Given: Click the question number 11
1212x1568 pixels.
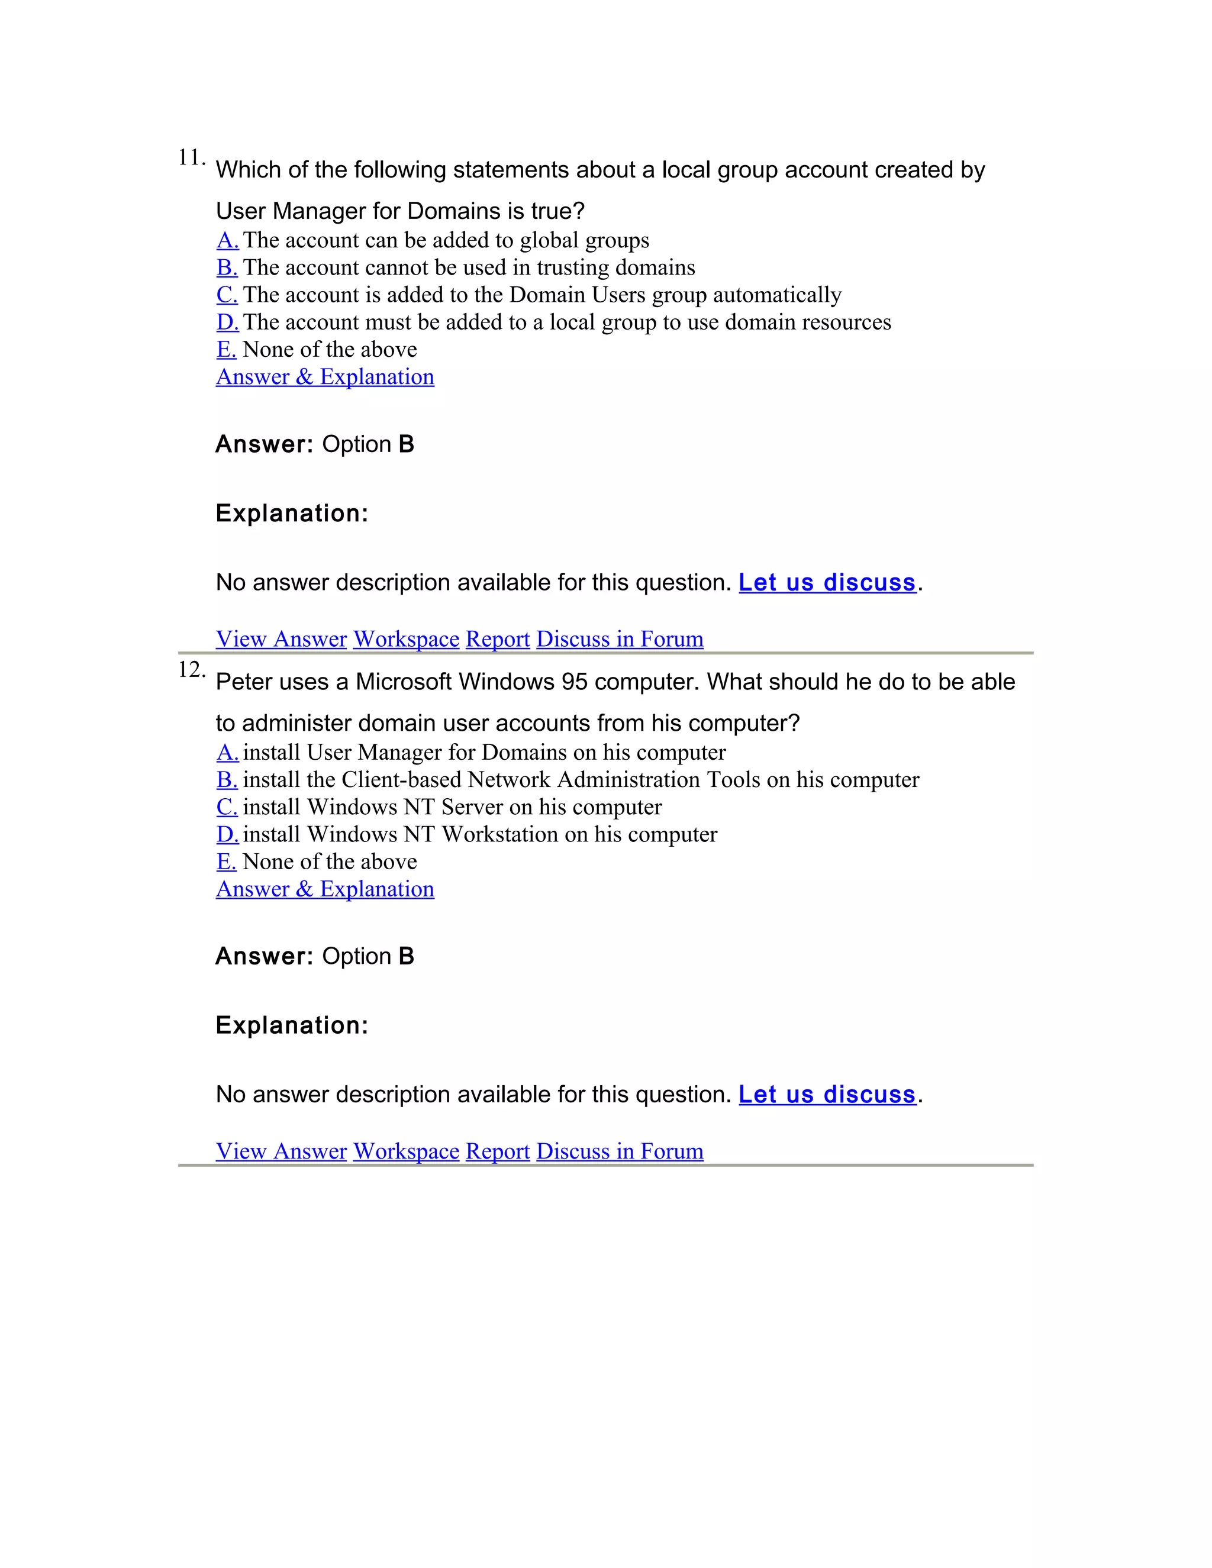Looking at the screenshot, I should [x=191, y=158].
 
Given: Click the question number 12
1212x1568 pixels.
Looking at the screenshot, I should [x=191, y=670].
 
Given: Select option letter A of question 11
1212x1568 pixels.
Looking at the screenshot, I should [x=228, y=240].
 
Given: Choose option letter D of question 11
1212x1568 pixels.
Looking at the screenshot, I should [x=228, y=322].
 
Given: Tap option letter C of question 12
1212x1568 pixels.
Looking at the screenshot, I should [x=227, y=807].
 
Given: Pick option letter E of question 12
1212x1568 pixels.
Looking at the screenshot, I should [x=226, y=862].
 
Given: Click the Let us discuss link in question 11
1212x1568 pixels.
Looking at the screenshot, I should [x=827, y=582].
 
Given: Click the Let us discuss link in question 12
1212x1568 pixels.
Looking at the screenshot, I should [x=827, y=1094].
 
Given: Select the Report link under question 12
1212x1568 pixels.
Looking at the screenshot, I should [x=498, y=1151].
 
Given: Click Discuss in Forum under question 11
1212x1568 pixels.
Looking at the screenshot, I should [x=620, y=639].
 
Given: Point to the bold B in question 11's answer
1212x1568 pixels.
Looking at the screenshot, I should [x=407, y=444].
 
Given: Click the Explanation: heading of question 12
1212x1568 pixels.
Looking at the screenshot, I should [x=292, y=1025].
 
